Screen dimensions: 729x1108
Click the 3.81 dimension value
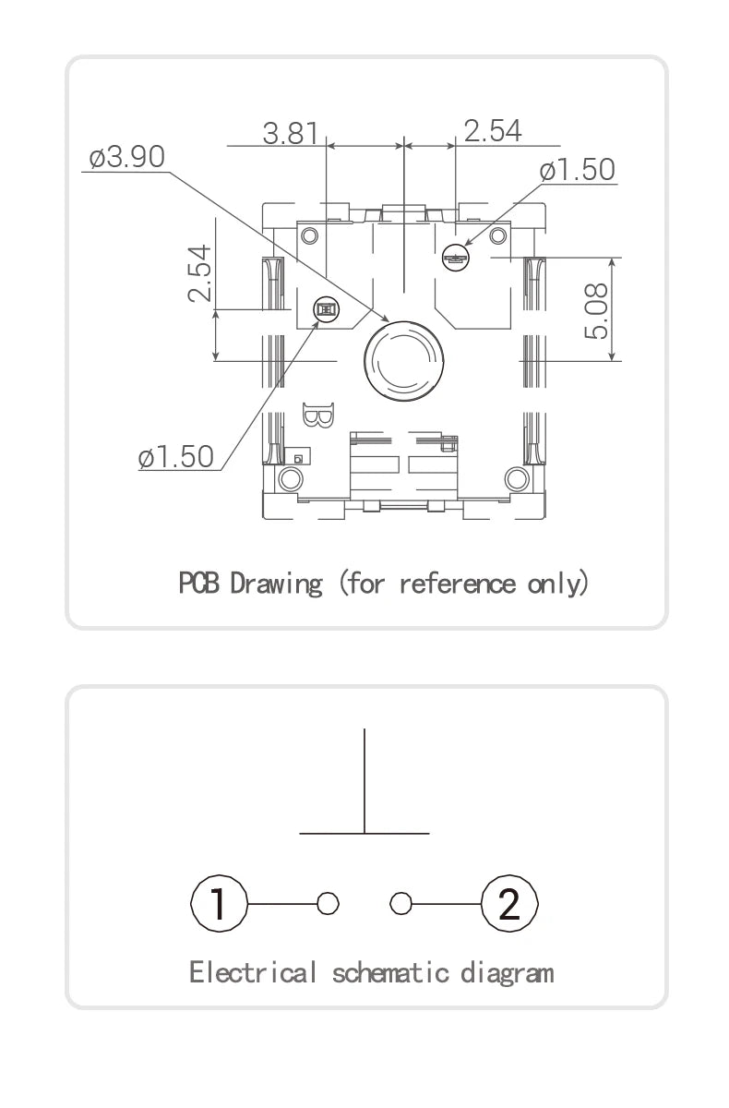tap(290, 133)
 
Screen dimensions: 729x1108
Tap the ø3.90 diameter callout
tap(127, 157)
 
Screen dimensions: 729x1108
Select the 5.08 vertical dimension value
tap(595, 310)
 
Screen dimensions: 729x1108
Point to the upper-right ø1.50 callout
tap(578, 170)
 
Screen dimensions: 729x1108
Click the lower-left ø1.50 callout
tap(176, 456)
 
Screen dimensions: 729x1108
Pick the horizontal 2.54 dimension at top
tap(493, 131)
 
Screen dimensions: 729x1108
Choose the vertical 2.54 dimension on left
tap(199, 273)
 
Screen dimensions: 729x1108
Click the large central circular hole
tap(404, 361)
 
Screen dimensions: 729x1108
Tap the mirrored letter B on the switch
tap(318, 415)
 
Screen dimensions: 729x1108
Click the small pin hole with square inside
tap(326, 309)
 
